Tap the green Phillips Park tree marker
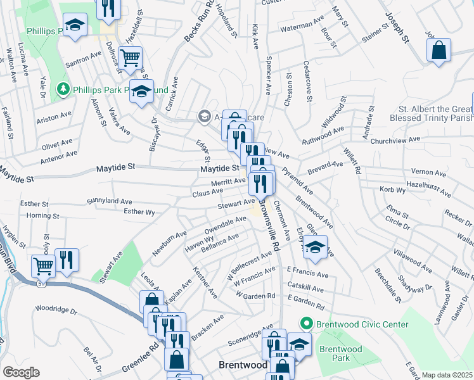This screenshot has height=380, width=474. (x=63, y=90)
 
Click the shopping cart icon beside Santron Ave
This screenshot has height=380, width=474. (x=130, y=58)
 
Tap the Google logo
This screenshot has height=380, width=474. (x=22, y=372)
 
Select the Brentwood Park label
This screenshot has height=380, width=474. (x=340, y=353)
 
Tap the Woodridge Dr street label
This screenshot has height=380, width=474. (x=56, y=312)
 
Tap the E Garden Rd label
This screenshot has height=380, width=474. (x=305, y=306)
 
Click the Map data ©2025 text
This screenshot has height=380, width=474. (x=447, y=375)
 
